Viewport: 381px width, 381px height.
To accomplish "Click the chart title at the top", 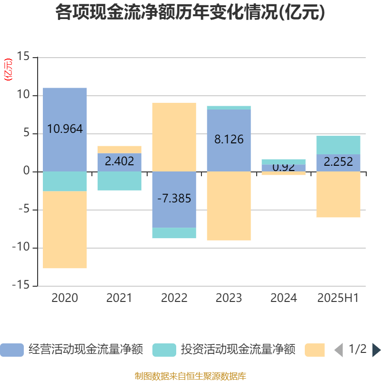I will click(x=190, y=13).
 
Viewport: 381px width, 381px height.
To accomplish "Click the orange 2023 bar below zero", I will click(x=229, y=206).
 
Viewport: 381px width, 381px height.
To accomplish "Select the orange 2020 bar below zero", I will click(x=65, y=230).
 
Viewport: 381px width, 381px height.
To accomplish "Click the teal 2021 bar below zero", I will click(x=119, y=181).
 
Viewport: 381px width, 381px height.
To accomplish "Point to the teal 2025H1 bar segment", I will click(x=338, y=145).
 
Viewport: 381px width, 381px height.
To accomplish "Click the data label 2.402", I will click(x=119, y=161).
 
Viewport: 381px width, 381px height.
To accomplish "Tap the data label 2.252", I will click(x=338, y=162).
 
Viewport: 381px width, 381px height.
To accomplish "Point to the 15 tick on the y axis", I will click(x=23, y=57).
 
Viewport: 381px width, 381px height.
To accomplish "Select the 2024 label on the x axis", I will click(x=283, y=298).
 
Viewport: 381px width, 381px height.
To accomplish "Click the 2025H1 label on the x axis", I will click(x=338, y=298).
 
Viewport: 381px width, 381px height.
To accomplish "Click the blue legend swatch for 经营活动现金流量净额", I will click(x=11, y=350).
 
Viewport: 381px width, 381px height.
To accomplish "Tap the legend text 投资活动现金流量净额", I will click(x=238, y=350).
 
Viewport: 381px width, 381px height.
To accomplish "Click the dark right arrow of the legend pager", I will click(x=376, y=350).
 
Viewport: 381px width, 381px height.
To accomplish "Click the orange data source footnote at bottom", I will click(x=190, y=376).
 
